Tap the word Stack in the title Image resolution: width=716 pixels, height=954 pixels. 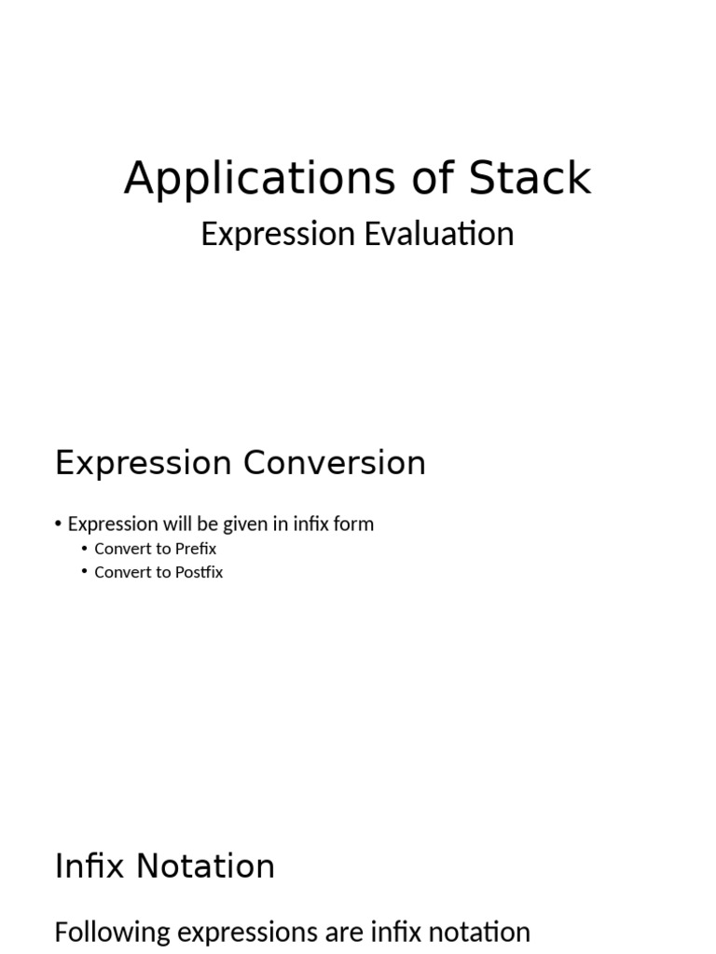coord(530,178)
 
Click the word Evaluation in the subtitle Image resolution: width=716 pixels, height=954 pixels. coord(438,234)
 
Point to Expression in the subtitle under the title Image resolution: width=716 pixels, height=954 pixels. coord(279,234)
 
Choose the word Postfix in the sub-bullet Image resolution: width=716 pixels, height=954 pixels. coord(198,572)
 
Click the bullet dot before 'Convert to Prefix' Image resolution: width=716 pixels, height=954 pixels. coord(84,548)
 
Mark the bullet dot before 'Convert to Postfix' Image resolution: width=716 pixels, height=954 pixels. coord(84,571)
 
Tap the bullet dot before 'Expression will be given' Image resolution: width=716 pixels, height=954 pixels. coord(59,524)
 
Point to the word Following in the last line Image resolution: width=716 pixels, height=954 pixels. coord(112,933)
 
